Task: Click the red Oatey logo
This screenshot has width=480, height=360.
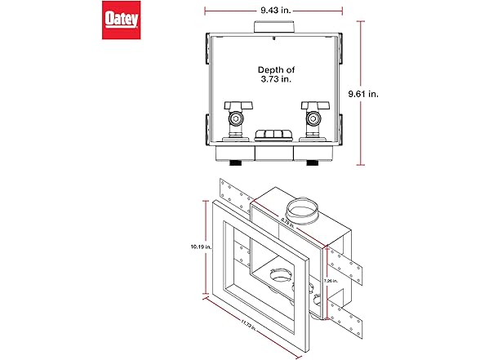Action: (x=118, y=20)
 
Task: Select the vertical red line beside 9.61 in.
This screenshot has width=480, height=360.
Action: (x=362, y=95)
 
